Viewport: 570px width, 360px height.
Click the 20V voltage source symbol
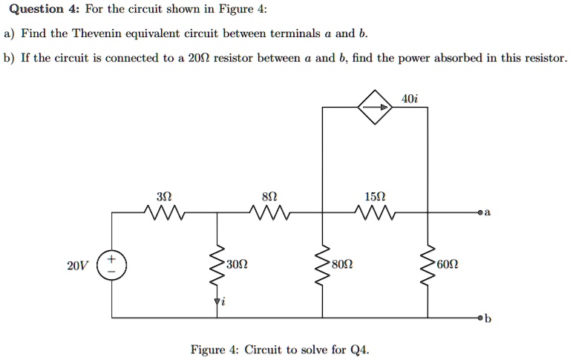(x=113, y=264)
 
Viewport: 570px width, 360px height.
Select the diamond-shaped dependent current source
(x=374, y=108)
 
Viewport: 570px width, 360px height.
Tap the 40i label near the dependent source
(x=410, y=99)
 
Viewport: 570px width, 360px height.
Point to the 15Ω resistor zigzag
(x=375, y=214)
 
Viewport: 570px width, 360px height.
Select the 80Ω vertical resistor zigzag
(x=323, y=264)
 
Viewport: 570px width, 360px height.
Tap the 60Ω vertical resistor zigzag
(x=428, y=264)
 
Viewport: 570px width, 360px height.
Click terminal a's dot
(x=480, y=213)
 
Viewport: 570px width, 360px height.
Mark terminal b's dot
(x=480, y=317)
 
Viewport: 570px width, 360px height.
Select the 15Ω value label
(x=376, y=197)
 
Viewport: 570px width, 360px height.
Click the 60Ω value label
(x=448, y=265)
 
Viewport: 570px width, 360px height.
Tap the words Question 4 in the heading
(x=36, y=10)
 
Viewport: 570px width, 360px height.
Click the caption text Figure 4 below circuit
(x=215, y=349)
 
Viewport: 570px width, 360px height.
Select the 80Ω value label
(x=342, y=265)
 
